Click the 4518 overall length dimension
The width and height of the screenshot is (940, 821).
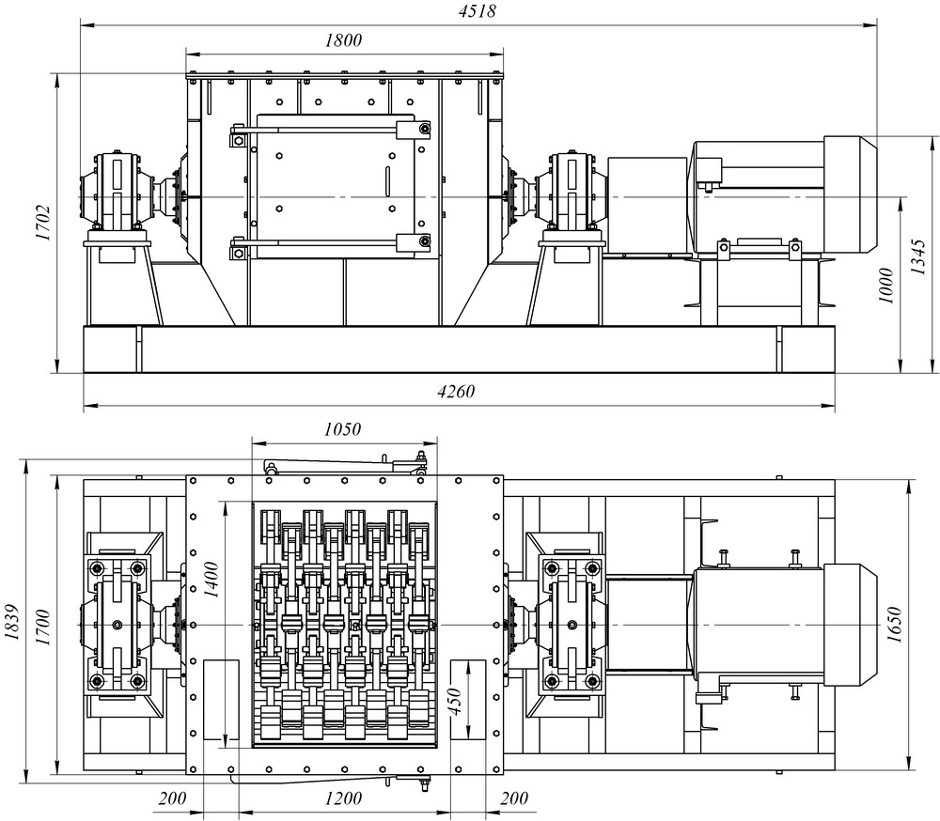coord(478,10)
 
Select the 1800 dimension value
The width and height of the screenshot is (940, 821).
coord(343,40)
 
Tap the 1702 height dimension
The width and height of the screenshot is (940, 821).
coord(43,223)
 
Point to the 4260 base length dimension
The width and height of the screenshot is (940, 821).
coord(456,392)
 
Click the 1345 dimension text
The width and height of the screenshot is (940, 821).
coord(918,256)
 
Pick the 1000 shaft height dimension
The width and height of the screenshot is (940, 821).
coord(886,286)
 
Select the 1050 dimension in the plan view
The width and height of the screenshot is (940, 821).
coord(342,429)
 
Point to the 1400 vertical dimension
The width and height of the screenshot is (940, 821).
coord(211,580)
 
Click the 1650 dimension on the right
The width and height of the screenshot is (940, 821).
coord(895,625)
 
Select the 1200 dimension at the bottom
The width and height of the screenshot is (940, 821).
coord(343,798)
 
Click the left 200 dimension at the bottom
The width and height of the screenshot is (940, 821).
coord(172,798)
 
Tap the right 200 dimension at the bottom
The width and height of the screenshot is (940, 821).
coord(514,798)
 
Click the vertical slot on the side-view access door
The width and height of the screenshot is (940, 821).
coord(388,181)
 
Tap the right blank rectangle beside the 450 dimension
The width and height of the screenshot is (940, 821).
coord(467,699)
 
